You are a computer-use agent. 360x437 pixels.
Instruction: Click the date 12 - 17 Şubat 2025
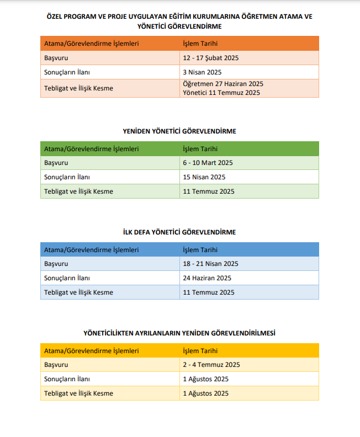[210, 58]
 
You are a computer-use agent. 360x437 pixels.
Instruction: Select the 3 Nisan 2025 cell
[202, 72]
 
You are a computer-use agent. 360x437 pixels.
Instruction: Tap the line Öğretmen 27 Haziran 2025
[223, 84]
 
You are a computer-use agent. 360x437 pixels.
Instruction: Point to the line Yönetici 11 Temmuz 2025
[221, 93]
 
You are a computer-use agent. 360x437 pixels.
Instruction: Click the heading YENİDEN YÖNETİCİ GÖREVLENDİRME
[179, 131]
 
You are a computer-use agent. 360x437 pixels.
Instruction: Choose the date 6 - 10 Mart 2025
[208, 163]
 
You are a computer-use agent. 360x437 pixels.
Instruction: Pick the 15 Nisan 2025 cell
[204, 177]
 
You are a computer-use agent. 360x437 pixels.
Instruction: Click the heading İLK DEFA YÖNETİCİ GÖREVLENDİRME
[179, 232]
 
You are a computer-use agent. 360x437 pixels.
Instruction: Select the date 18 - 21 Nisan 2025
[210, 264]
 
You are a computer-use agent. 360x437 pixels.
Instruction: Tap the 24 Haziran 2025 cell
[207, 278]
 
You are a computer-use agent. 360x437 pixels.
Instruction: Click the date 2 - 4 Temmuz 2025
[211, 365]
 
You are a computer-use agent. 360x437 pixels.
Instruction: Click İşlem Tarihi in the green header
[200, 148]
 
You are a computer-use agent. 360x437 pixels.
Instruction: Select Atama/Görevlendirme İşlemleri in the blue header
[91, 249]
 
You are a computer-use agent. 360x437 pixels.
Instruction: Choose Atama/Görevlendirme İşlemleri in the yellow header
[91, 350]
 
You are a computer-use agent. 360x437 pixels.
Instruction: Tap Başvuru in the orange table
[56, 58]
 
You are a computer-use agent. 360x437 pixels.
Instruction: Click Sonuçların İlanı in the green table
[67, 177]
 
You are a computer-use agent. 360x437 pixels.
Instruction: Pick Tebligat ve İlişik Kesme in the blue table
[78, 292]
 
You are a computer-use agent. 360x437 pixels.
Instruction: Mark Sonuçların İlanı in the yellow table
[67, 379]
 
